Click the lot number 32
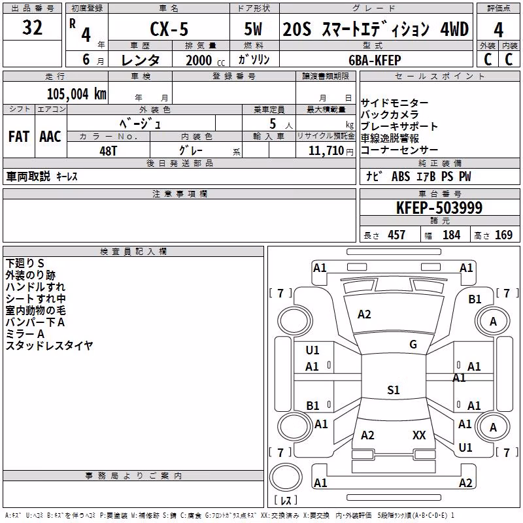click(x=32, y=27)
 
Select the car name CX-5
click(x=169, y=29)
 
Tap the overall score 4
click(x=498, y=29)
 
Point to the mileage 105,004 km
click(x=76, y=94)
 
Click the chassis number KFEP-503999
click(x=439, y=208)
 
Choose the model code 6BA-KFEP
click(x=375, y=60)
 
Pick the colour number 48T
click(x=108, y=151)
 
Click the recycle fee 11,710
click(x=326, y=151)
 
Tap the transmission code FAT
click(x=19, y=137)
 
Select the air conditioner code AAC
click(x=50, y=137)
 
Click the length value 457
click(x=397, y=235)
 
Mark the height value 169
click(x=503, y=235)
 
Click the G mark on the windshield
click(x=413, y=345)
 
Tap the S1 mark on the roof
click(x=394, y=390)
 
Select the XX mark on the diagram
click(x=419, y=435)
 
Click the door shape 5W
click(x=253, y=29)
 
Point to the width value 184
click(x=452, y=235)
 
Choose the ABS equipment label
click(x=401, y=177)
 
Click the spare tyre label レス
click(x=286, y=500)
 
